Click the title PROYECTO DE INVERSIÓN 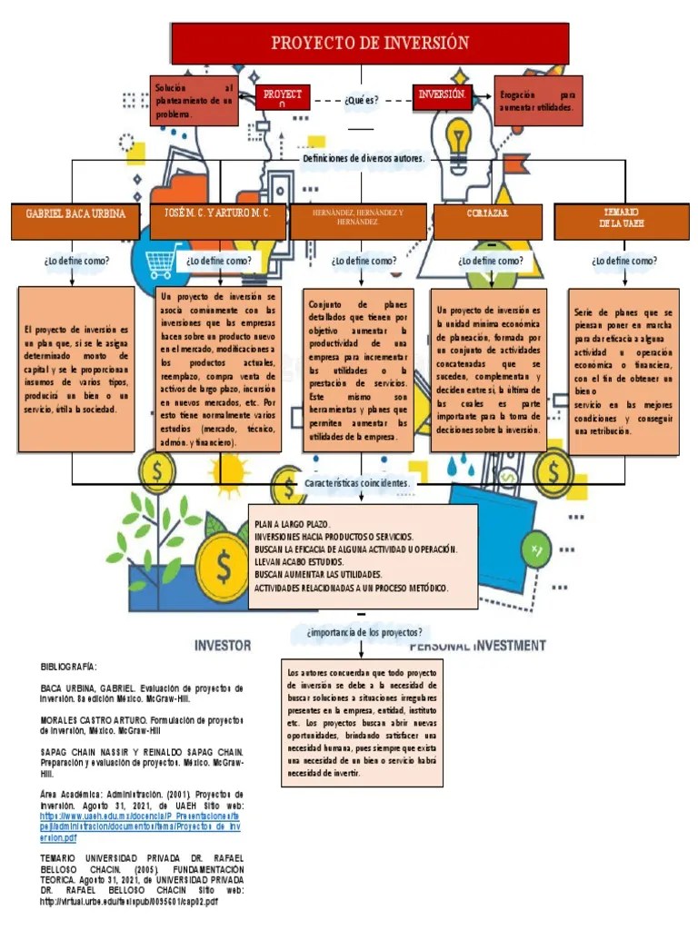[x=370, y=43]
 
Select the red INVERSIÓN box [x=442, y=95]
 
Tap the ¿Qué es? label [x=362, y=100]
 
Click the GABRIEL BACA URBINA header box [x=75, y=214]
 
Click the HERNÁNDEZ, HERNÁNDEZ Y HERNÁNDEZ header [x=357, y=217]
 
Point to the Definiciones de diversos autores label [x=363, y=158]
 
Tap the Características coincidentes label [x=357, y=483]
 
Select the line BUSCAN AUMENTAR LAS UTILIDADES [x=317, y=575]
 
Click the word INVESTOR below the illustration [x=223, y=646]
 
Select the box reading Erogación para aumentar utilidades [x=537, y=101]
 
